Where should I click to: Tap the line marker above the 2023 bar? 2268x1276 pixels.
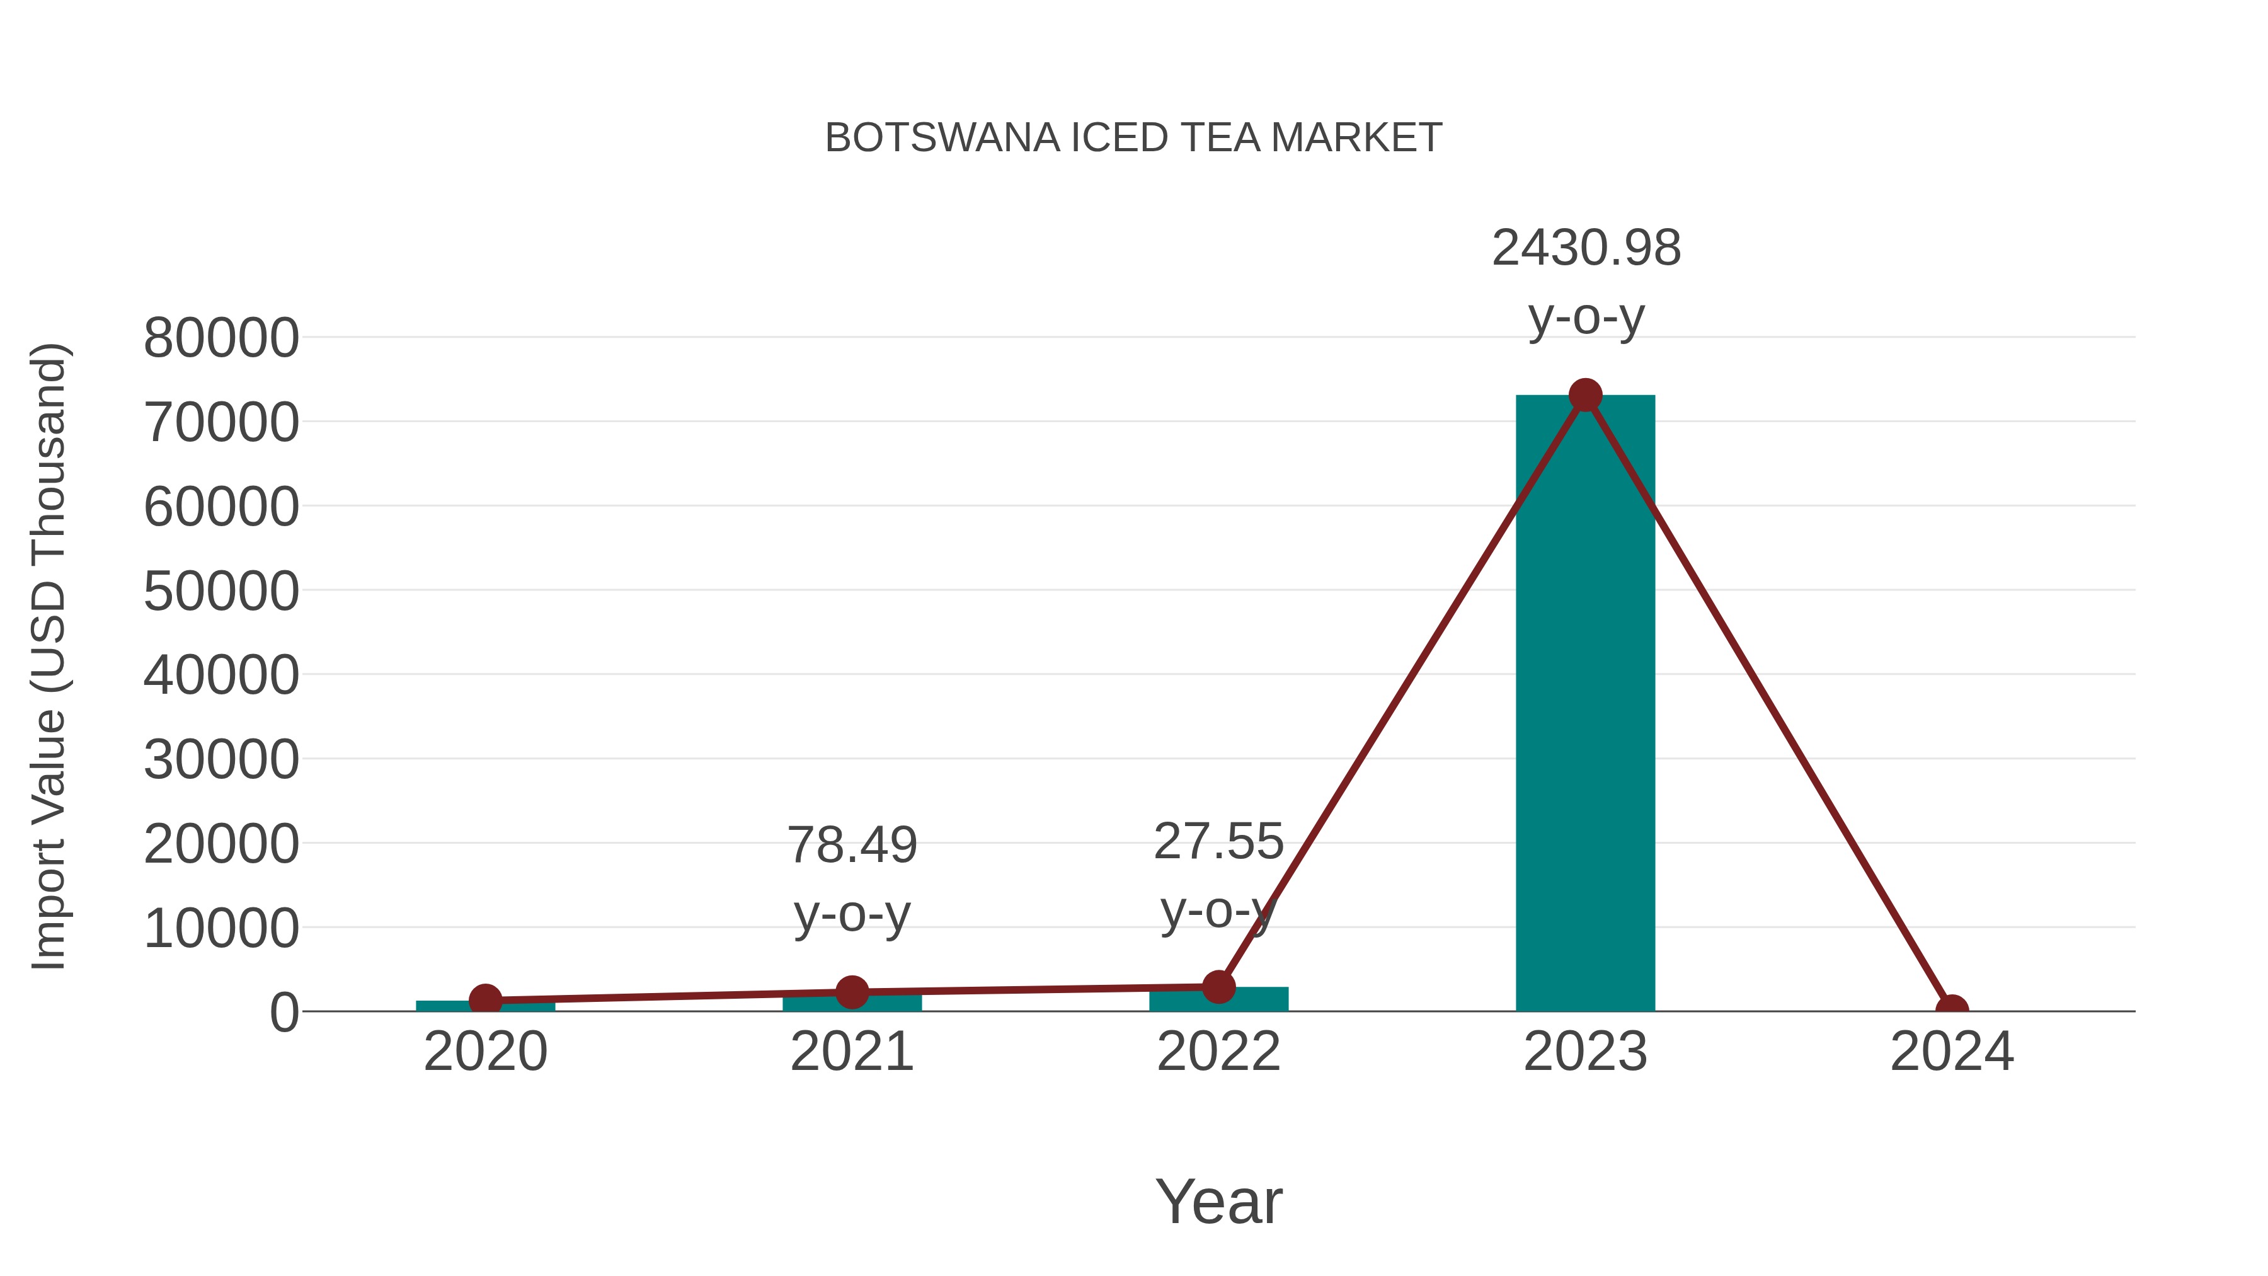[1585, 395]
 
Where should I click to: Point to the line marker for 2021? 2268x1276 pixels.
[851, 992]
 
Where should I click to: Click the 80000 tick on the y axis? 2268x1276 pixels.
[221, 338]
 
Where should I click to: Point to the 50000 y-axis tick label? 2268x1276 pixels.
[221, 591]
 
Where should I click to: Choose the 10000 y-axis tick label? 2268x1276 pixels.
[221, 928]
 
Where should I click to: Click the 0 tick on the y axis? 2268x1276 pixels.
[283, 1013]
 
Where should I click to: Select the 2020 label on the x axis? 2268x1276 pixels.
[485, 1052]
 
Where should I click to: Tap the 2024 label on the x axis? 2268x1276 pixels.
[1951, 1052]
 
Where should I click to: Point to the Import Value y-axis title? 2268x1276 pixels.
[49, 656]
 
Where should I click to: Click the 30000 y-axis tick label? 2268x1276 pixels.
[221, 760]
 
